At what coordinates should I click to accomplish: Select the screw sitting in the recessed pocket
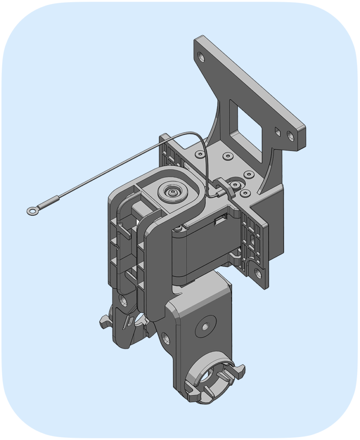[236, 185]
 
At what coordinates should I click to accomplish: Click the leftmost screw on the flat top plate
[199, 154]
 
